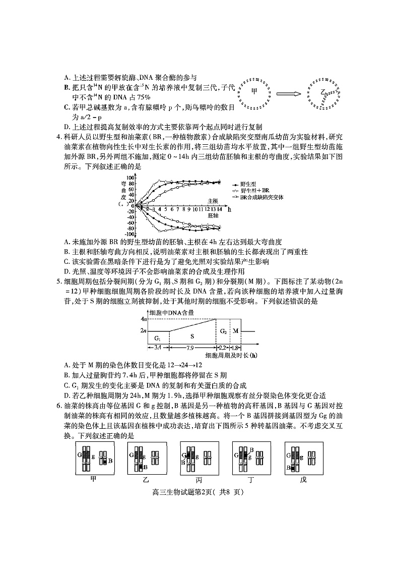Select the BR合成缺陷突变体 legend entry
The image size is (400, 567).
pyautogui.click(x=261, y=197)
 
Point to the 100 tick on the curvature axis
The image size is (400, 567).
pyautogui.click(x=129, y=178)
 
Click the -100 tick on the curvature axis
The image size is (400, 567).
pyautogui.click(x=129, y=234)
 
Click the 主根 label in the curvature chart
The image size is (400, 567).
pyautogui.click(x=214, y=200)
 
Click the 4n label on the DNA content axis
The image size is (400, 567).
pyautogui.click(x=143, y=319)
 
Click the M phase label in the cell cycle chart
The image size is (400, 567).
pyautogui.click(x=235, y=331)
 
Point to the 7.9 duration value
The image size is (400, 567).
pyautogui.click(x=192, y=348)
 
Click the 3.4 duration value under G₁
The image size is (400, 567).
pyautogui.click(x=158, y=348)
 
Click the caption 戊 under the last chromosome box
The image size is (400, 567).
pyautogui.click(x=302, y=479)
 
